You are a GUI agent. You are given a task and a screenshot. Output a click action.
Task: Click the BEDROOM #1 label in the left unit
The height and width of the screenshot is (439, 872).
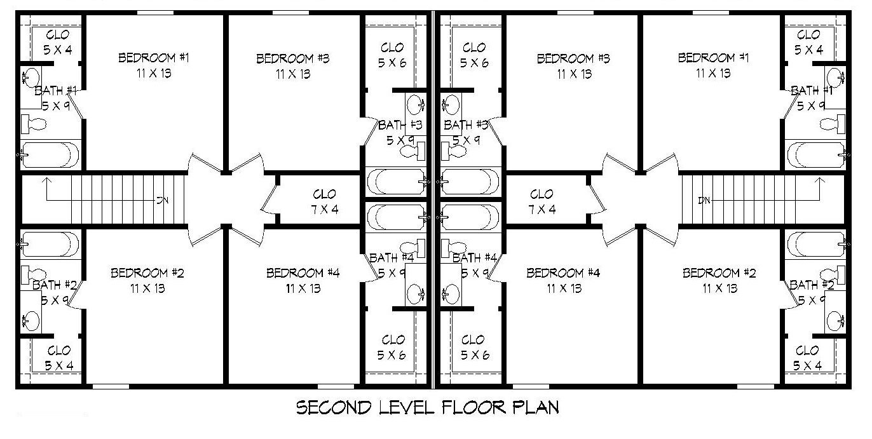tap(154, 58)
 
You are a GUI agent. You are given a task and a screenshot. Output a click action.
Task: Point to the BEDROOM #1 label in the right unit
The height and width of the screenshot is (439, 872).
tap(713, 58)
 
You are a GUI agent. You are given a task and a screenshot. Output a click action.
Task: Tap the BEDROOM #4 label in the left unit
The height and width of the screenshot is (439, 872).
tap(303, 273)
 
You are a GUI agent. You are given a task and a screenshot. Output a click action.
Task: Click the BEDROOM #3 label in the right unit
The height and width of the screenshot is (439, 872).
tap(573, 59)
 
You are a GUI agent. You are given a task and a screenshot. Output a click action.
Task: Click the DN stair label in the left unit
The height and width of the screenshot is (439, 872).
tap(163, 201)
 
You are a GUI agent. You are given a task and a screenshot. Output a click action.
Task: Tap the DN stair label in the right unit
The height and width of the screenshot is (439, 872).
tap(704, 201)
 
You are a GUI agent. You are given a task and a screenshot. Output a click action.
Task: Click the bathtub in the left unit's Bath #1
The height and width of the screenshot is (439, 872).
tap(50, 154)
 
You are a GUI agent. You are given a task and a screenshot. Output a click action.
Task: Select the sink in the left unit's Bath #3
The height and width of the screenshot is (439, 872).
tap(416, 103)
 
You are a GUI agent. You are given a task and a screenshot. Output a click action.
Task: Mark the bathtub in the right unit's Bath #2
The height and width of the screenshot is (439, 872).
tap(817, 243)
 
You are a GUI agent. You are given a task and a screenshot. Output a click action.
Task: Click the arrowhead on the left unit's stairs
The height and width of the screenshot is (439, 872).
tap(45, 182)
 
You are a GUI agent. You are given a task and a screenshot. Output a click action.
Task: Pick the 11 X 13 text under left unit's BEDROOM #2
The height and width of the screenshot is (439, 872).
tap(147, 288)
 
